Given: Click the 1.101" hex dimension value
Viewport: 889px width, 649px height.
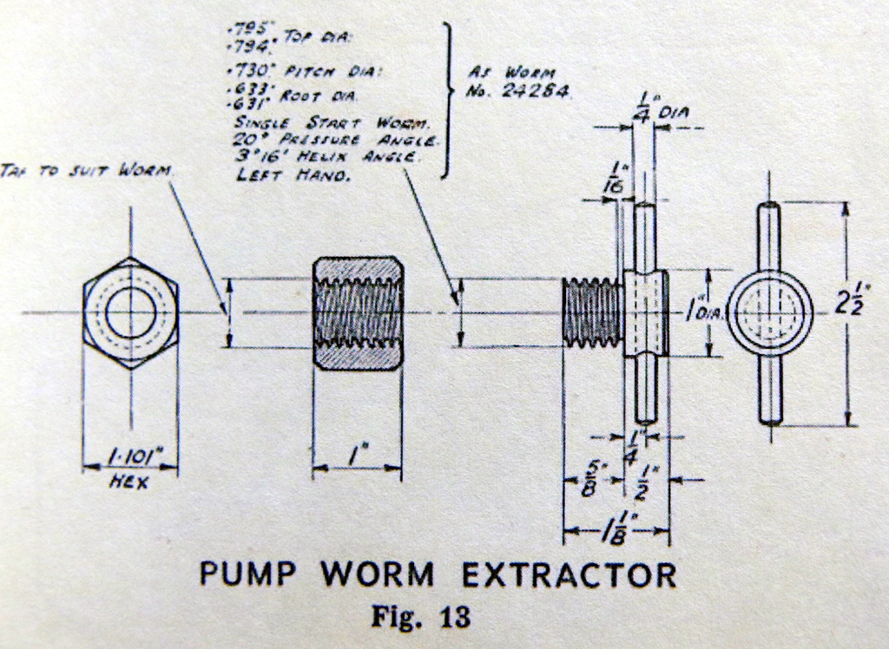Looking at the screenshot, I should pos(130,457).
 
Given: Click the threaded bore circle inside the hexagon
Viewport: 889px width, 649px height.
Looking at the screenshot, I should pos(129,312).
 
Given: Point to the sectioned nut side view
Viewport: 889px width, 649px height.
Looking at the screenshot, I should pos(357,312).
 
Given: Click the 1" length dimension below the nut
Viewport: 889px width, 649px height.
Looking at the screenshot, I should pos(355,453).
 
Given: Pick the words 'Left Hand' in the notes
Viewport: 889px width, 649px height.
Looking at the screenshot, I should pos(293,174).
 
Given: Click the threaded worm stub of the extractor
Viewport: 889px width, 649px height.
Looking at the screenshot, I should pos(593,312).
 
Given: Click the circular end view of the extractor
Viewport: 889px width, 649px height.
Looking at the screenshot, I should pos(769,312).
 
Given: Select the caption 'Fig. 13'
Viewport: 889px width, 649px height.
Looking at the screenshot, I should pos(421,617).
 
